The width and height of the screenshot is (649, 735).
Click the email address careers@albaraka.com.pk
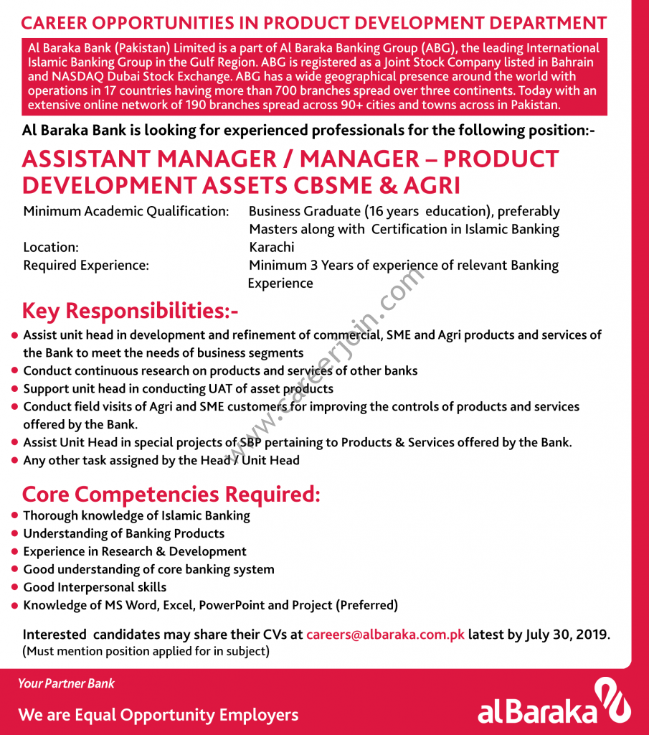click(385, 635)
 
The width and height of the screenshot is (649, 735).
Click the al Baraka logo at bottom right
click(554, 704)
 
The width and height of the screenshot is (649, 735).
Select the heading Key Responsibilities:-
click(130, 311)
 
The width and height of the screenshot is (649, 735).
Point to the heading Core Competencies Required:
click(171, 495)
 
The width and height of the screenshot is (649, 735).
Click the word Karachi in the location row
click(271, 247)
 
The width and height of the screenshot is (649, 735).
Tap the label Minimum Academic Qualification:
click(126, 211)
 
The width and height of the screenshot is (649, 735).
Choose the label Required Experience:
click(86, 265)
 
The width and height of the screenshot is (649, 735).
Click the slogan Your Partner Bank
click(66, 683)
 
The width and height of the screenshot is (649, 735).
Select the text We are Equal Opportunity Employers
click(158, 715)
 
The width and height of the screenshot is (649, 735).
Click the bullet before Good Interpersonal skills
click(14, 587)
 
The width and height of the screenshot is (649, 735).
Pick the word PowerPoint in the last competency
click(231, 605)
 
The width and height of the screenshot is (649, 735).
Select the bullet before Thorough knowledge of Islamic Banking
click(14, 515)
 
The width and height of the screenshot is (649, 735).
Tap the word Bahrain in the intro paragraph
click(569, 62)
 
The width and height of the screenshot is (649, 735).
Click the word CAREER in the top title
click(56, 23)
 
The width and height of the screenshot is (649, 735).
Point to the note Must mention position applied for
click(146, 652)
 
